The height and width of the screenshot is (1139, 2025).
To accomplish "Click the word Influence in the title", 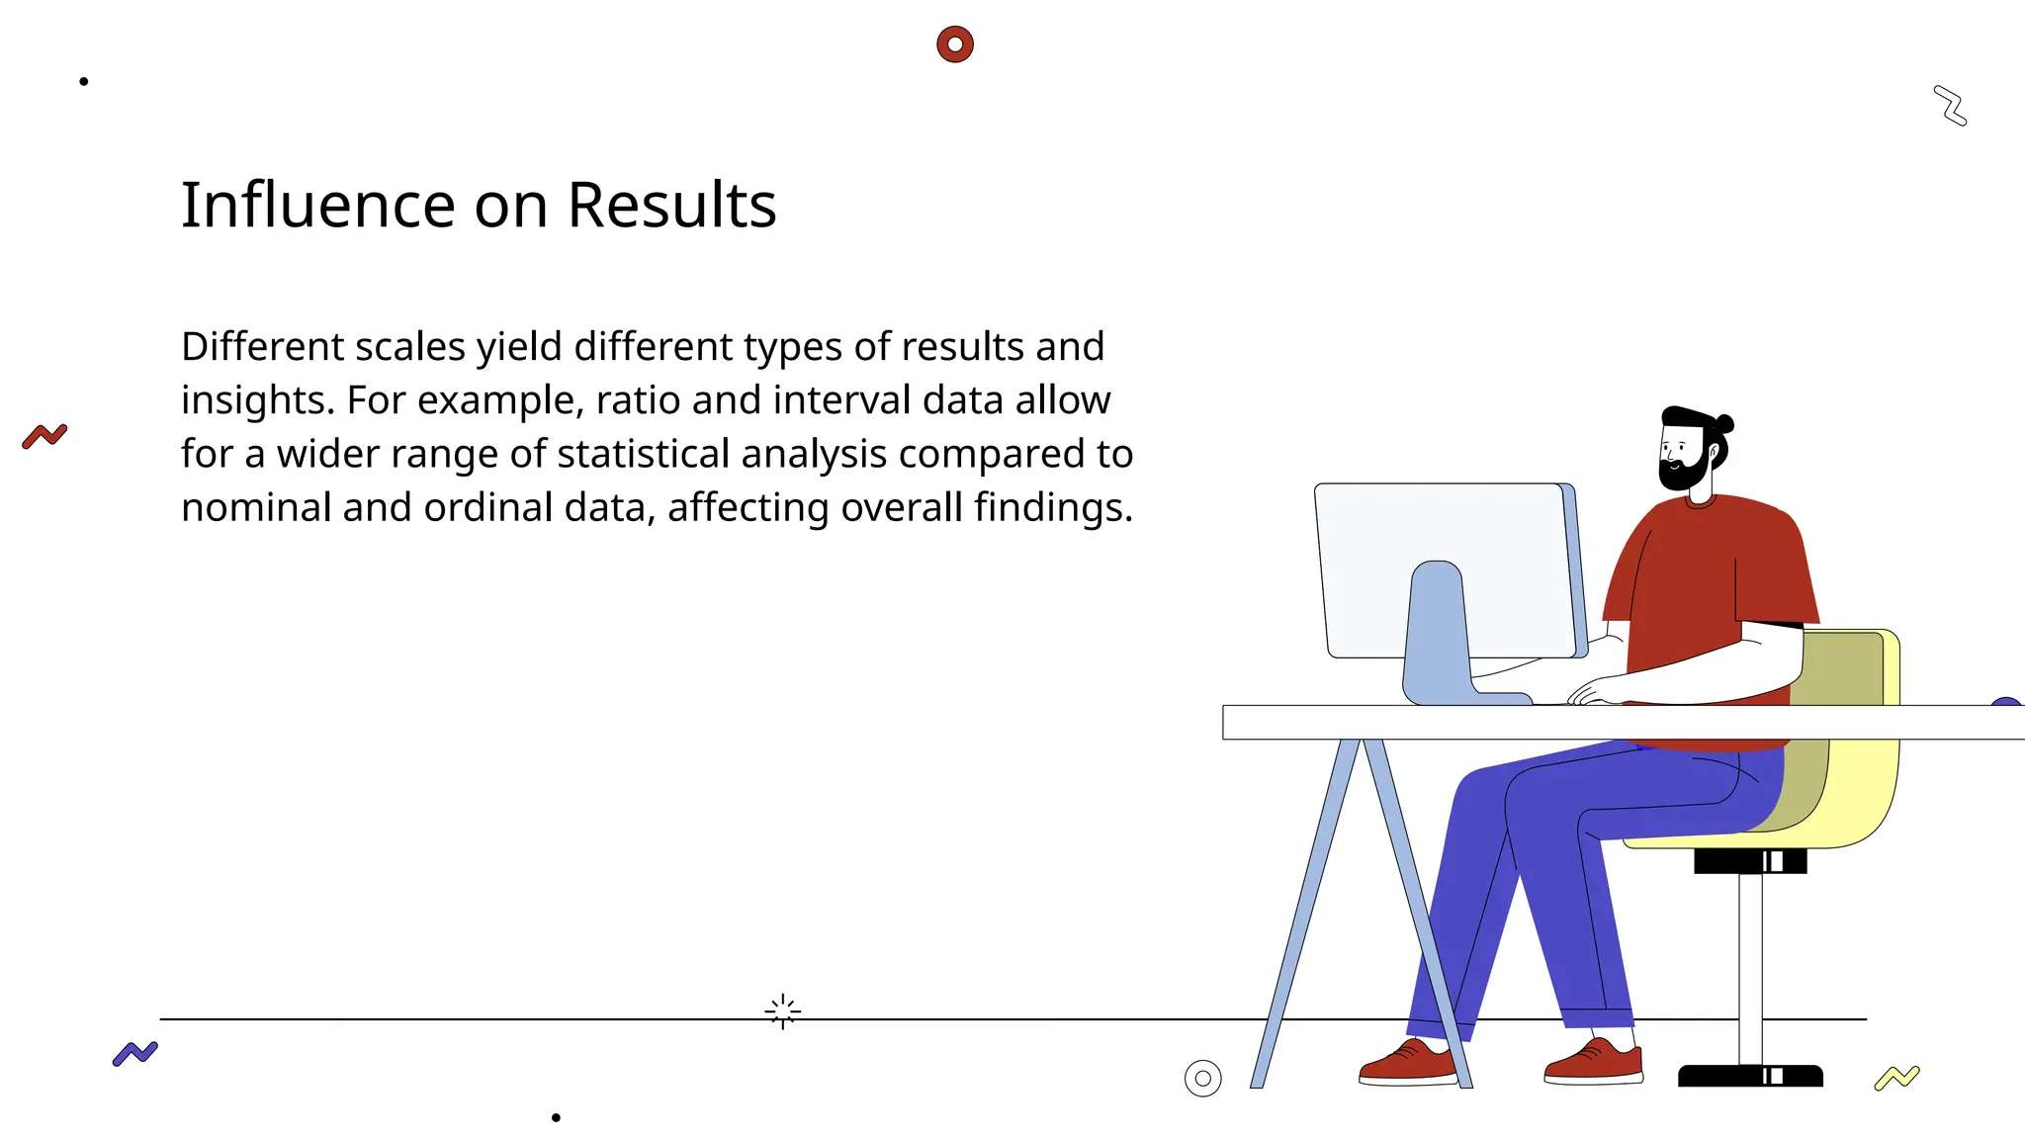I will tap(317, 206).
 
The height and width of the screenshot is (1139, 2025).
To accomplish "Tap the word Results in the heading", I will tap(671, 206).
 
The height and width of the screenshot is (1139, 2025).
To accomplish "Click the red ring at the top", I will tap(955, 44).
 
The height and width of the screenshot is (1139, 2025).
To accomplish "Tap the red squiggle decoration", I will tap(44, 436).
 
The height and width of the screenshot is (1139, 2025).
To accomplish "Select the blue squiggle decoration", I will tap(135, 1053).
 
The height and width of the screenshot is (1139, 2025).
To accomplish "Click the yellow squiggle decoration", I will tap(1896, 1078).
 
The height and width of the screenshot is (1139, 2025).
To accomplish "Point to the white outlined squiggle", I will tap(1950, 106).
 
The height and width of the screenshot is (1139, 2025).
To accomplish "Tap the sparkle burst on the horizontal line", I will tap(782, 1011).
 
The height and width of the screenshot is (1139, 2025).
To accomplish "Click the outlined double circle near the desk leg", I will tap(1202, 1079).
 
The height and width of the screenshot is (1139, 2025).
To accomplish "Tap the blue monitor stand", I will tap(1437, 633).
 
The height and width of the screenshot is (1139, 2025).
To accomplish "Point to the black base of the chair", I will tap(1750, 1076).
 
